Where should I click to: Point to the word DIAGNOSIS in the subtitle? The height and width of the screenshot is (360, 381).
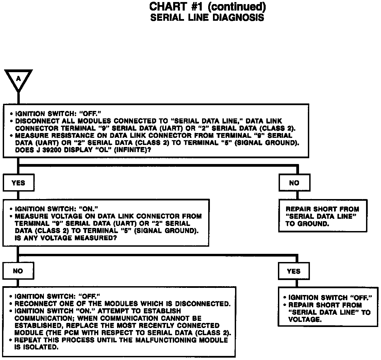click(x=238, y=18)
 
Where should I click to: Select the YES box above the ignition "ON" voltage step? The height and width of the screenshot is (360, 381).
click(x=18, y=183)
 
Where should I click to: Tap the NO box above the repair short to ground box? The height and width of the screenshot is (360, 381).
click(x=294, y=183)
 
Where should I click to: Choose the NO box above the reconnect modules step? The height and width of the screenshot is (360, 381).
click(x=18, y=271)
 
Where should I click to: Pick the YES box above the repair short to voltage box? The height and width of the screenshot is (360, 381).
click(x=294, y=271)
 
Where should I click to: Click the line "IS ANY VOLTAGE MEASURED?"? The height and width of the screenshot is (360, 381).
click(x=64, y=238)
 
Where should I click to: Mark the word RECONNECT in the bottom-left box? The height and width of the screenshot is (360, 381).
click(x=33, y=304)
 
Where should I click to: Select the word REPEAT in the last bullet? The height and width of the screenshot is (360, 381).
click(x=28, y=340)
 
